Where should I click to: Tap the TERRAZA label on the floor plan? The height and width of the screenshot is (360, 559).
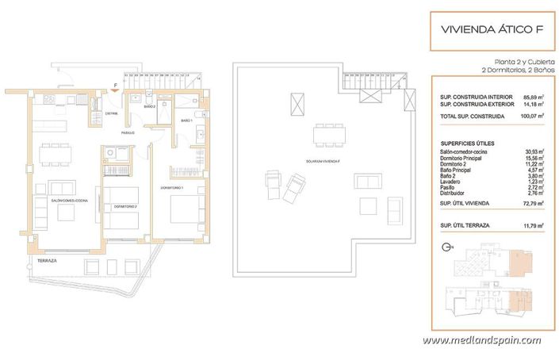pos(48,260)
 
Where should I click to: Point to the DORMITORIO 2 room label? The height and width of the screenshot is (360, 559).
pos(124,206)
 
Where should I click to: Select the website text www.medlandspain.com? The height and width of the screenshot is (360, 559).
pos(481,341)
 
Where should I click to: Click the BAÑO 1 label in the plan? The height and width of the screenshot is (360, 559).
pos(186,121)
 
